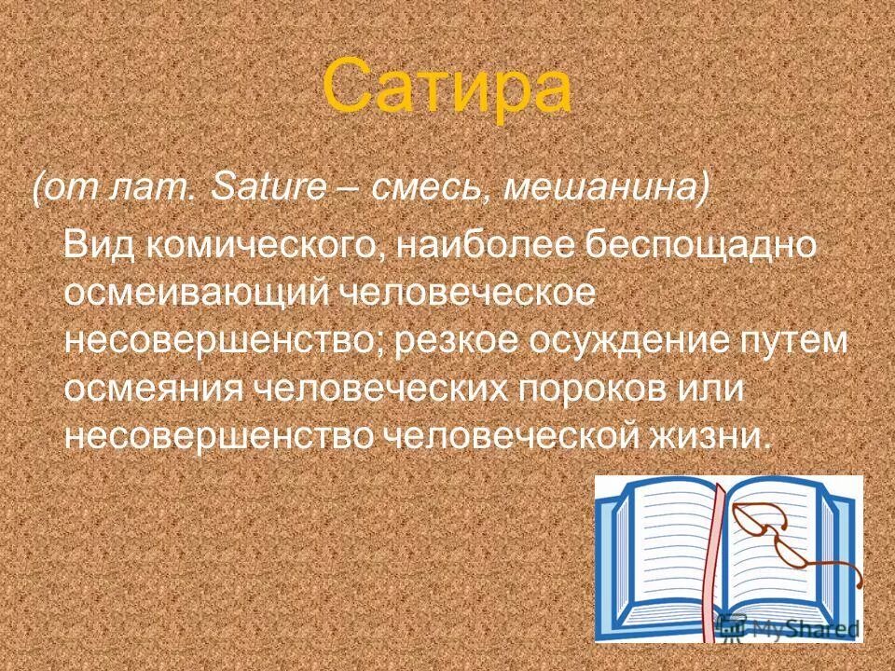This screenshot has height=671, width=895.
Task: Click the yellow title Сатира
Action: (447, 87)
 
